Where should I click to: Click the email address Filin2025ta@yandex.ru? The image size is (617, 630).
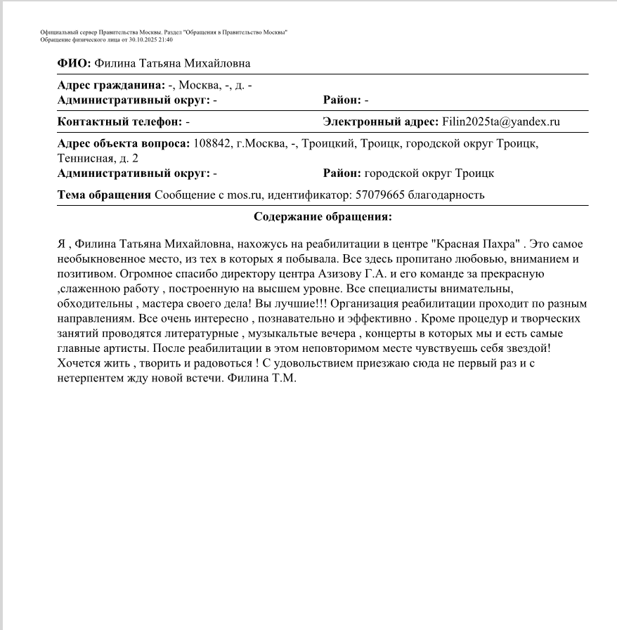pos(500,122)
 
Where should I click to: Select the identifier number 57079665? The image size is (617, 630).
pos(379,195)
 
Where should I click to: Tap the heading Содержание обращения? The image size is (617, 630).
pos(323,217)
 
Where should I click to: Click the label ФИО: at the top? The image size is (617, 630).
pos(74,64)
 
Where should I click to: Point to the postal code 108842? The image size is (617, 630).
pos(212,143)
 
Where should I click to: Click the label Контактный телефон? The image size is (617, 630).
pos(119,122)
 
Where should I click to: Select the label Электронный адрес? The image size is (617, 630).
pos(380,122)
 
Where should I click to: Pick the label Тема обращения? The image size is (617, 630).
pos(104,195)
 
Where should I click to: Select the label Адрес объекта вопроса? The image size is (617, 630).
pos(124,143)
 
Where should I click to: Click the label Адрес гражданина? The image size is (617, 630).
pos(111,85)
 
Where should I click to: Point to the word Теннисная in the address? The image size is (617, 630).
pos(82,158)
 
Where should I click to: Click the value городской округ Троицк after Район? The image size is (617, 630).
pos(429,173)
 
